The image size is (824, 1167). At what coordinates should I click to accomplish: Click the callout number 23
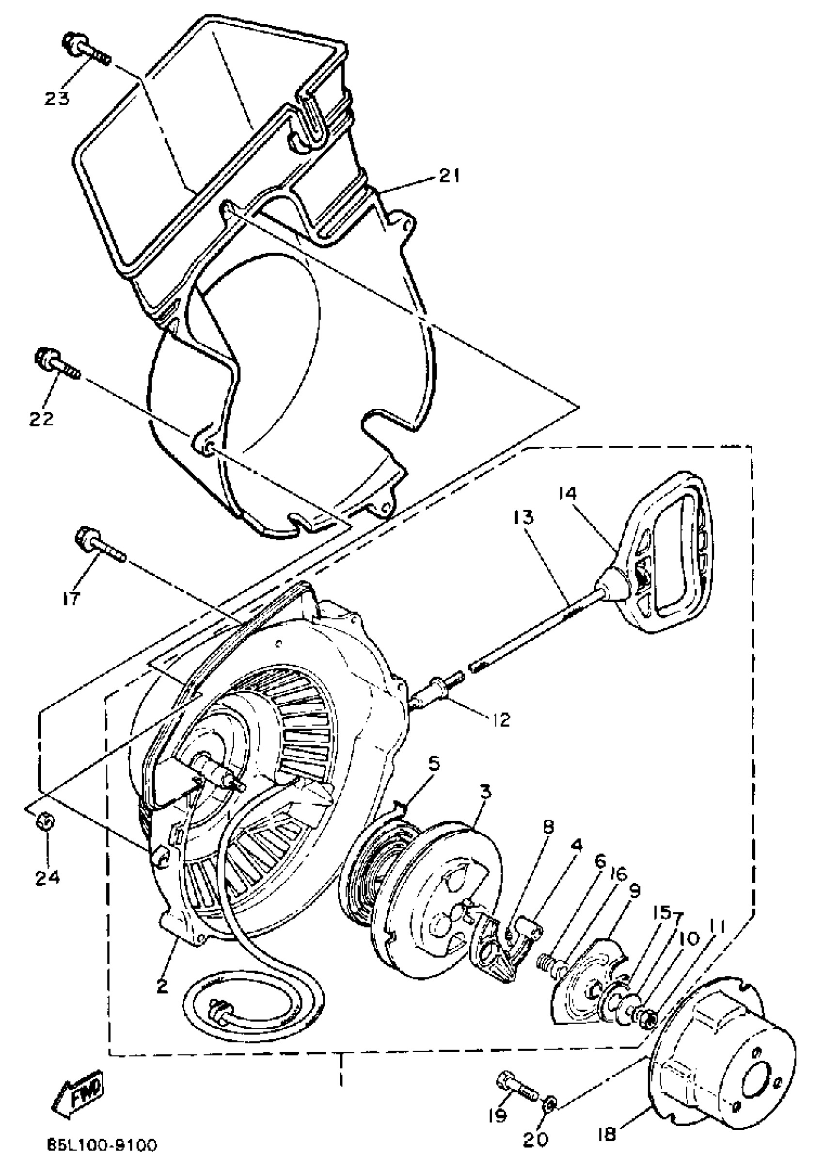[56, 98]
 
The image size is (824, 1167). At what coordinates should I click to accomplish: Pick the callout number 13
[524, 518]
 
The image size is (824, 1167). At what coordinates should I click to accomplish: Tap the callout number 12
[500, 719]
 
